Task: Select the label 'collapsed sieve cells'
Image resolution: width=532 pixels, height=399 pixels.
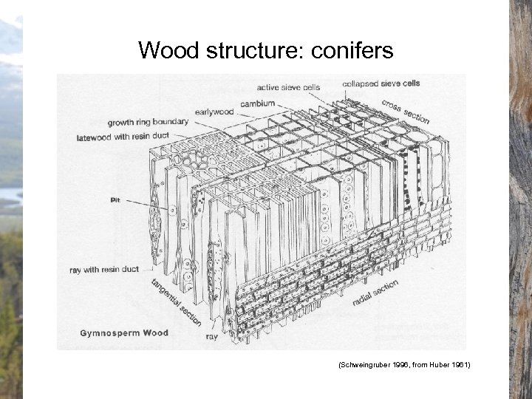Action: click(x=381, y=83)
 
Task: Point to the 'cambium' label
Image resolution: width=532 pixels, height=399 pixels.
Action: click(x=257, y=103)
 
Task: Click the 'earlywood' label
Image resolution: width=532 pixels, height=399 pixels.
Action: click(x=214, y=112)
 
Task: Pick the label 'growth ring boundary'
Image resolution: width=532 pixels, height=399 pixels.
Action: click(x=148, y=122)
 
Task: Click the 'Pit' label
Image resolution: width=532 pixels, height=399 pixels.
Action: click(x=115, y=199)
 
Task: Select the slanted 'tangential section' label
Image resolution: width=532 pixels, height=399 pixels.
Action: click(x=177, y=303)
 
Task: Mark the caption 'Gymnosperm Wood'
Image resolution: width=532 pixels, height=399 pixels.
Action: click(x=124, y=333)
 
